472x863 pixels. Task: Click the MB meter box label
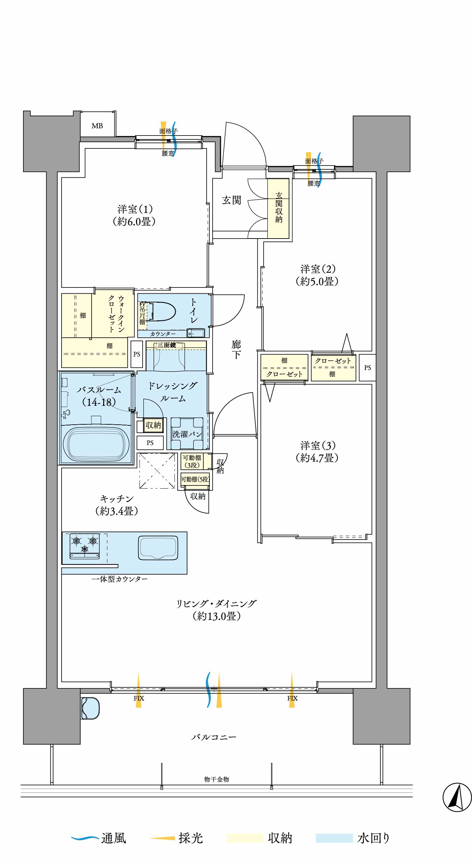(x=97, y=126)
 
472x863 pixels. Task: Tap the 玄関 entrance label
(x=231, y=200)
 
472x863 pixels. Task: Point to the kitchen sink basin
(x=158, y=548)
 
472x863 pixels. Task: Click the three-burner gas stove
(x=85, y=546)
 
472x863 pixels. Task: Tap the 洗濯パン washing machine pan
(x=187, y=434)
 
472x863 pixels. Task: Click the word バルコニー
(x=214, y=737)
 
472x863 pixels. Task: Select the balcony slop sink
(x=90, y=708)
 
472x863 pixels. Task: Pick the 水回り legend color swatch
(x=334, y=838)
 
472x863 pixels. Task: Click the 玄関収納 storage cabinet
(x=278, y=208)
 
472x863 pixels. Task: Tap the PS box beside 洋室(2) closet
(x=367, y=367)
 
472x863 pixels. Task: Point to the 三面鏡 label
(x=166, y=345)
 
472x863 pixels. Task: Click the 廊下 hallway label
(x=236, y=350)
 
